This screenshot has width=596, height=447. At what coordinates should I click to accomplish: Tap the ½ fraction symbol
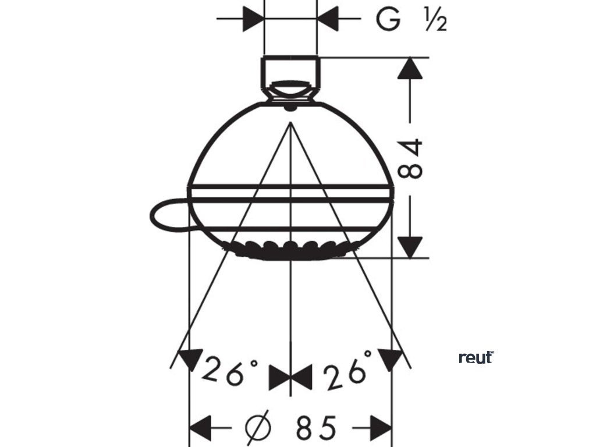point(435,22)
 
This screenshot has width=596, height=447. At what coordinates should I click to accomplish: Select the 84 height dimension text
point(412,158)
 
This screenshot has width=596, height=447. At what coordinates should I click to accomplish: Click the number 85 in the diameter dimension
point(316,428)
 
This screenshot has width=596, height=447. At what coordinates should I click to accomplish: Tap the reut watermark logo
point(476,357)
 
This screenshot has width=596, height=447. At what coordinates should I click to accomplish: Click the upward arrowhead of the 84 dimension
point(411,69)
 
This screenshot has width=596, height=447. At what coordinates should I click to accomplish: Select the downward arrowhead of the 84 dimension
point(411,244)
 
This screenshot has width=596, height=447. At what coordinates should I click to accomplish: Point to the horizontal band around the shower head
point(290,194)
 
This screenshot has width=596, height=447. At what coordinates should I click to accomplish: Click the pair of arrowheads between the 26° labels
point(290,378)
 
